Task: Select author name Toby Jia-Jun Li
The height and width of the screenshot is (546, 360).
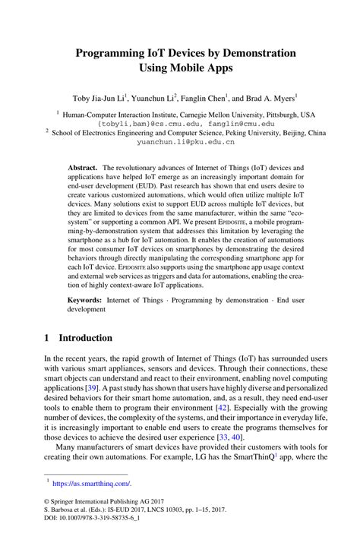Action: tap(99, 97)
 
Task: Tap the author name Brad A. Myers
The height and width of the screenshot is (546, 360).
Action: tap(267, 97)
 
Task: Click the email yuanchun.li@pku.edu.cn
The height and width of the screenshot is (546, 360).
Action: tap(180, 141)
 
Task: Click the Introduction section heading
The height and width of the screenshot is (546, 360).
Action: tap(86, 338)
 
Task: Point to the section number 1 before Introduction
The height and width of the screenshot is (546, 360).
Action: tap(47, 338)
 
